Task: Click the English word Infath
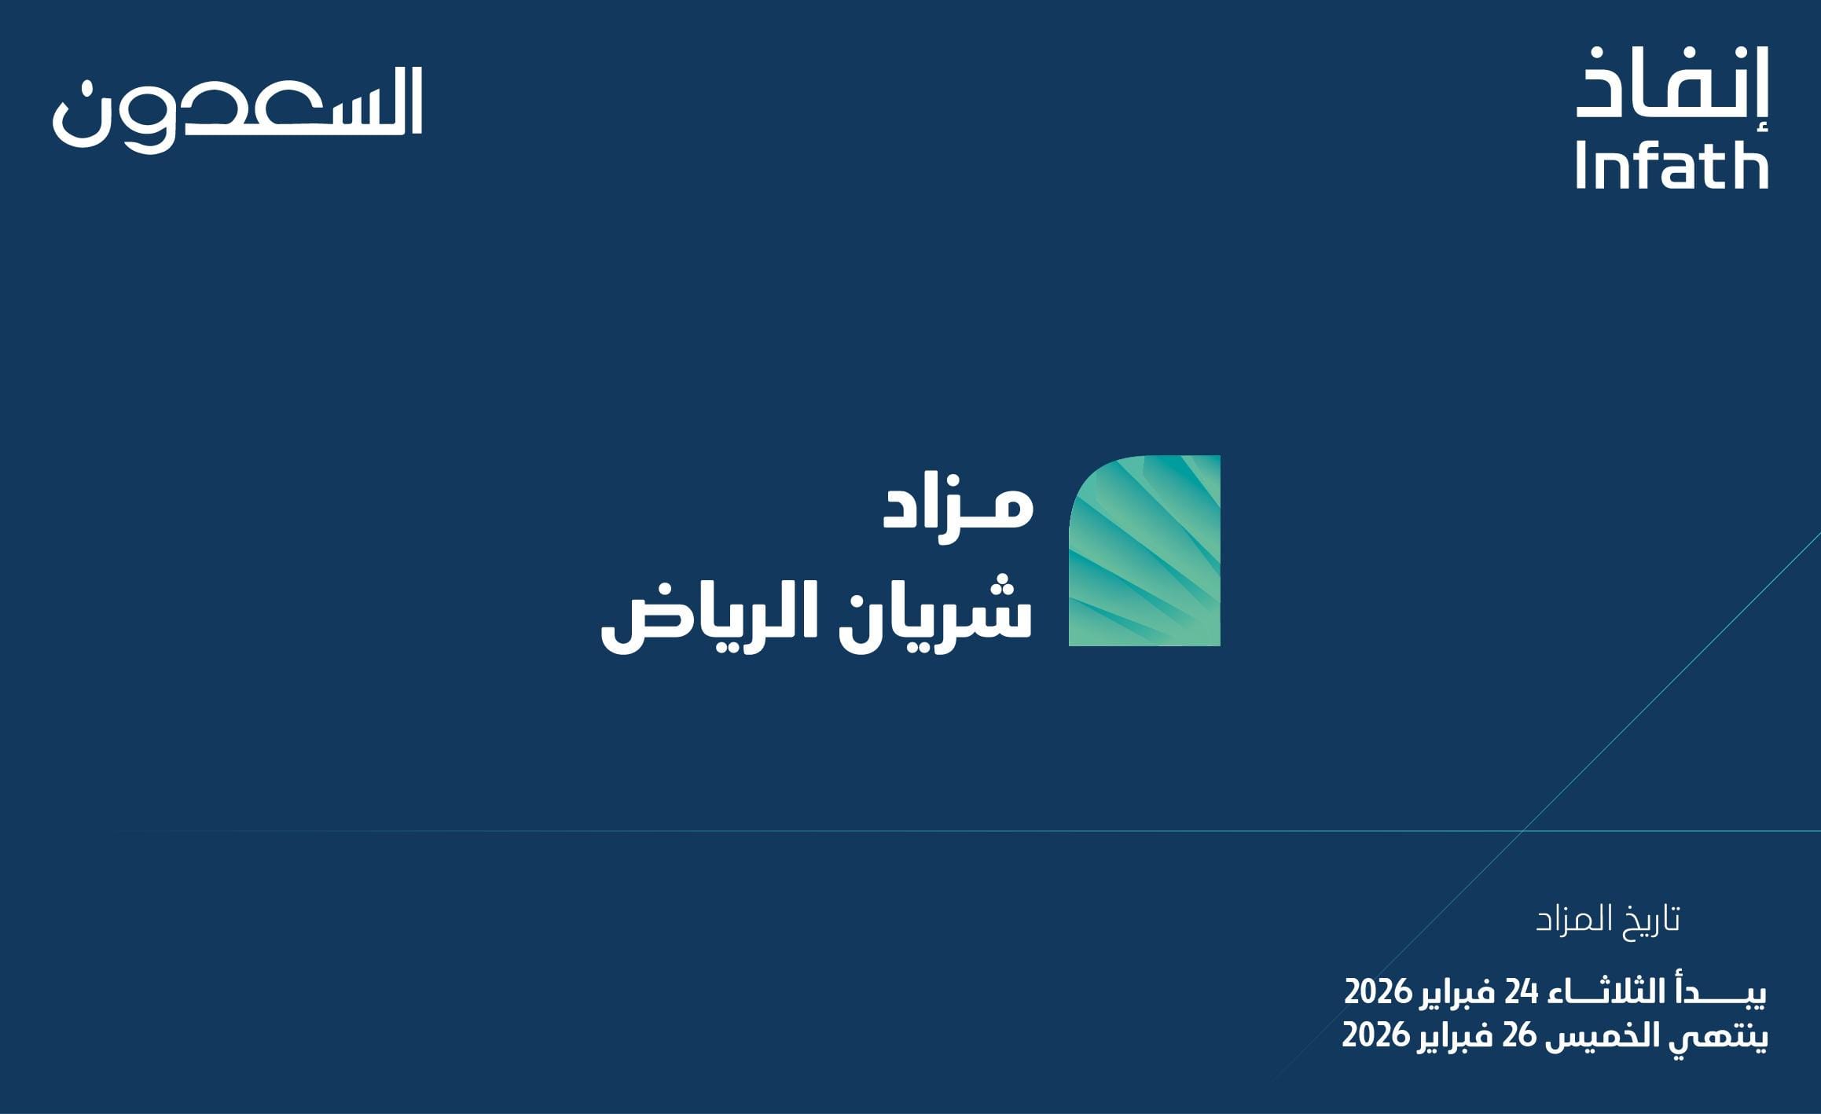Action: point(1672,166)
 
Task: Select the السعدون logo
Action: point(237,109)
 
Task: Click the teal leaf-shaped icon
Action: point(1144,550)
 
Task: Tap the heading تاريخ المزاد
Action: point(1608,919)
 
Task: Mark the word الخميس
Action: point(1611,1035)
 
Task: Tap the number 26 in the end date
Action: point(1519,1036)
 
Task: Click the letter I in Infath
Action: point(1580,166)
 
